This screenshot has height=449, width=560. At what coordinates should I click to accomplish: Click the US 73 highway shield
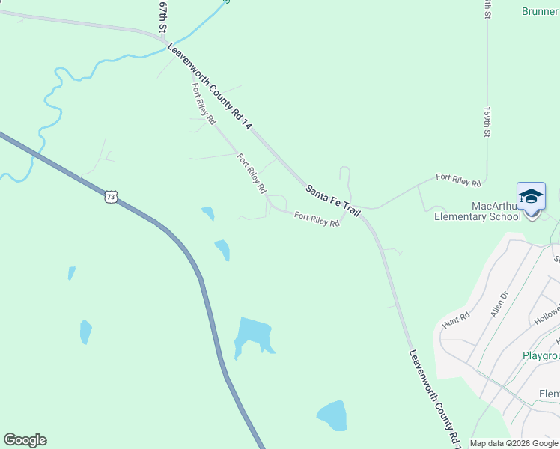pos(111,197)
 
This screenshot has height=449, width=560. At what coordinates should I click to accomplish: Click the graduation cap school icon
pos(531,196)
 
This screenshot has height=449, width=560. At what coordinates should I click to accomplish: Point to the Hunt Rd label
pos(454,319)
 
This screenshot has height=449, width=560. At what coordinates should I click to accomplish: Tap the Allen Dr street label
pos(498,305)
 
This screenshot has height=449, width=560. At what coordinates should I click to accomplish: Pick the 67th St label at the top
pos(162,16)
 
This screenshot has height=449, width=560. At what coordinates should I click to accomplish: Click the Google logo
pos(25,440)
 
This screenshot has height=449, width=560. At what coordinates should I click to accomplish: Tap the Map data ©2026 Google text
pos(513,443)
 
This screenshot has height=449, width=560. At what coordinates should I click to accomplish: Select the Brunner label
pos(540,10)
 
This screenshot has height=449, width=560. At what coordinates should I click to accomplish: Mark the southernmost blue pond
pos(332,415)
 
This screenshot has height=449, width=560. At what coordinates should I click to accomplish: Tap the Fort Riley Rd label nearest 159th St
pos(458,179)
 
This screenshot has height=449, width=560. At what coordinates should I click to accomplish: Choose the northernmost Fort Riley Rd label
pos(204,103)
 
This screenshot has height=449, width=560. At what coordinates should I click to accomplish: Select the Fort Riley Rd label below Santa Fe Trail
pos(317,220)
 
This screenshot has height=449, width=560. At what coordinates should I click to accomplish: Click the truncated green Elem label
pos(549,394)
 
